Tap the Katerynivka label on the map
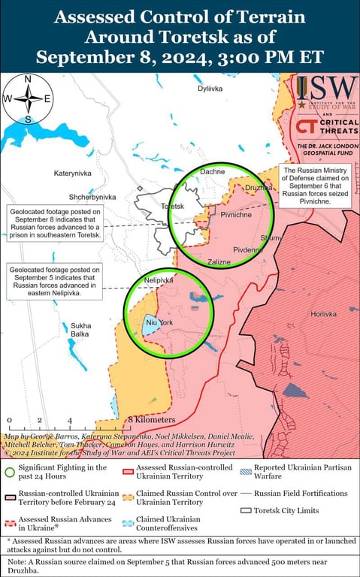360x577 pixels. tap(72, 174)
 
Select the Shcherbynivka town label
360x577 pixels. tap(92, 197)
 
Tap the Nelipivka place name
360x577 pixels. tap(159, 279)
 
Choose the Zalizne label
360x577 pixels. tap(219, 262)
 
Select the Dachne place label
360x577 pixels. tap(212, 172)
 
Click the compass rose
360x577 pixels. tap(28, 99)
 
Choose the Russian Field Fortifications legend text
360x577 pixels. tap(301, 494)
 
